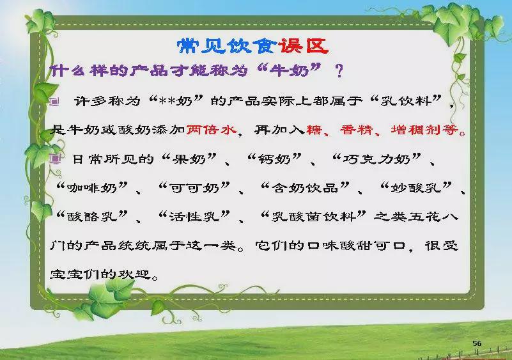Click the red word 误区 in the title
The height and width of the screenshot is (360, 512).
tap(303, 47)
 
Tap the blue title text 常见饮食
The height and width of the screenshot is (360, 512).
tap(228, 47)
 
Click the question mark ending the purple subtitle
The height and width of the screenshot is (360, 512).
tap(339, 71)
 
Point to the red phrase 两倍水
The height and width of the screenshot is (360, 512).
tap(211, 130)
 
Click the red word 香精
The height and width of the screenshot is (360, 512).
tap(357, 130)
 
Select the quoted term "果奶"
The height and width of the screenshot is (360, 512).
tap(189, 159)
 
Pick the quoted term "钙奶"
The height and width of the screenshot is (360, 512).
tap(274, 159)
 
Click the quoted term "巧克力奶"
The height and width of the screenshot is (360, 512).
tap(376, 159)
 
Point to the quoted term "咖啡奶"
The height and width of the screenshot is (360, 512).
tap(92, 188)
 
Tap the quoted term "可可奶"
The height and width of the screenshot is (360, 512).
tap(194, 188)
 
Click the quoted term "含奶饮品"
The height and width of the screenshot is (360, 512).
tap(305, 188)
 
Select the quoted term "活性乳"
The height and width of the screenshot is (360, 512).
tap(194, 216)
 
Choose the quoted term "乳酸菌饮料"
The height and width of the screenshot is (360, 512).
tap(313, 216)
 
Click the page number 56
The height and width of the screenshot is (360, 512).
tap(477, 343)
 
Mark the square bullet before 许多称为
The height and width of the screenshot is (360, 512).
tap(54, 102)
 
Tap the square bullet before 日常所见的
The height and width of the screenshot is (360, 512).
tap(55, 159)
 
